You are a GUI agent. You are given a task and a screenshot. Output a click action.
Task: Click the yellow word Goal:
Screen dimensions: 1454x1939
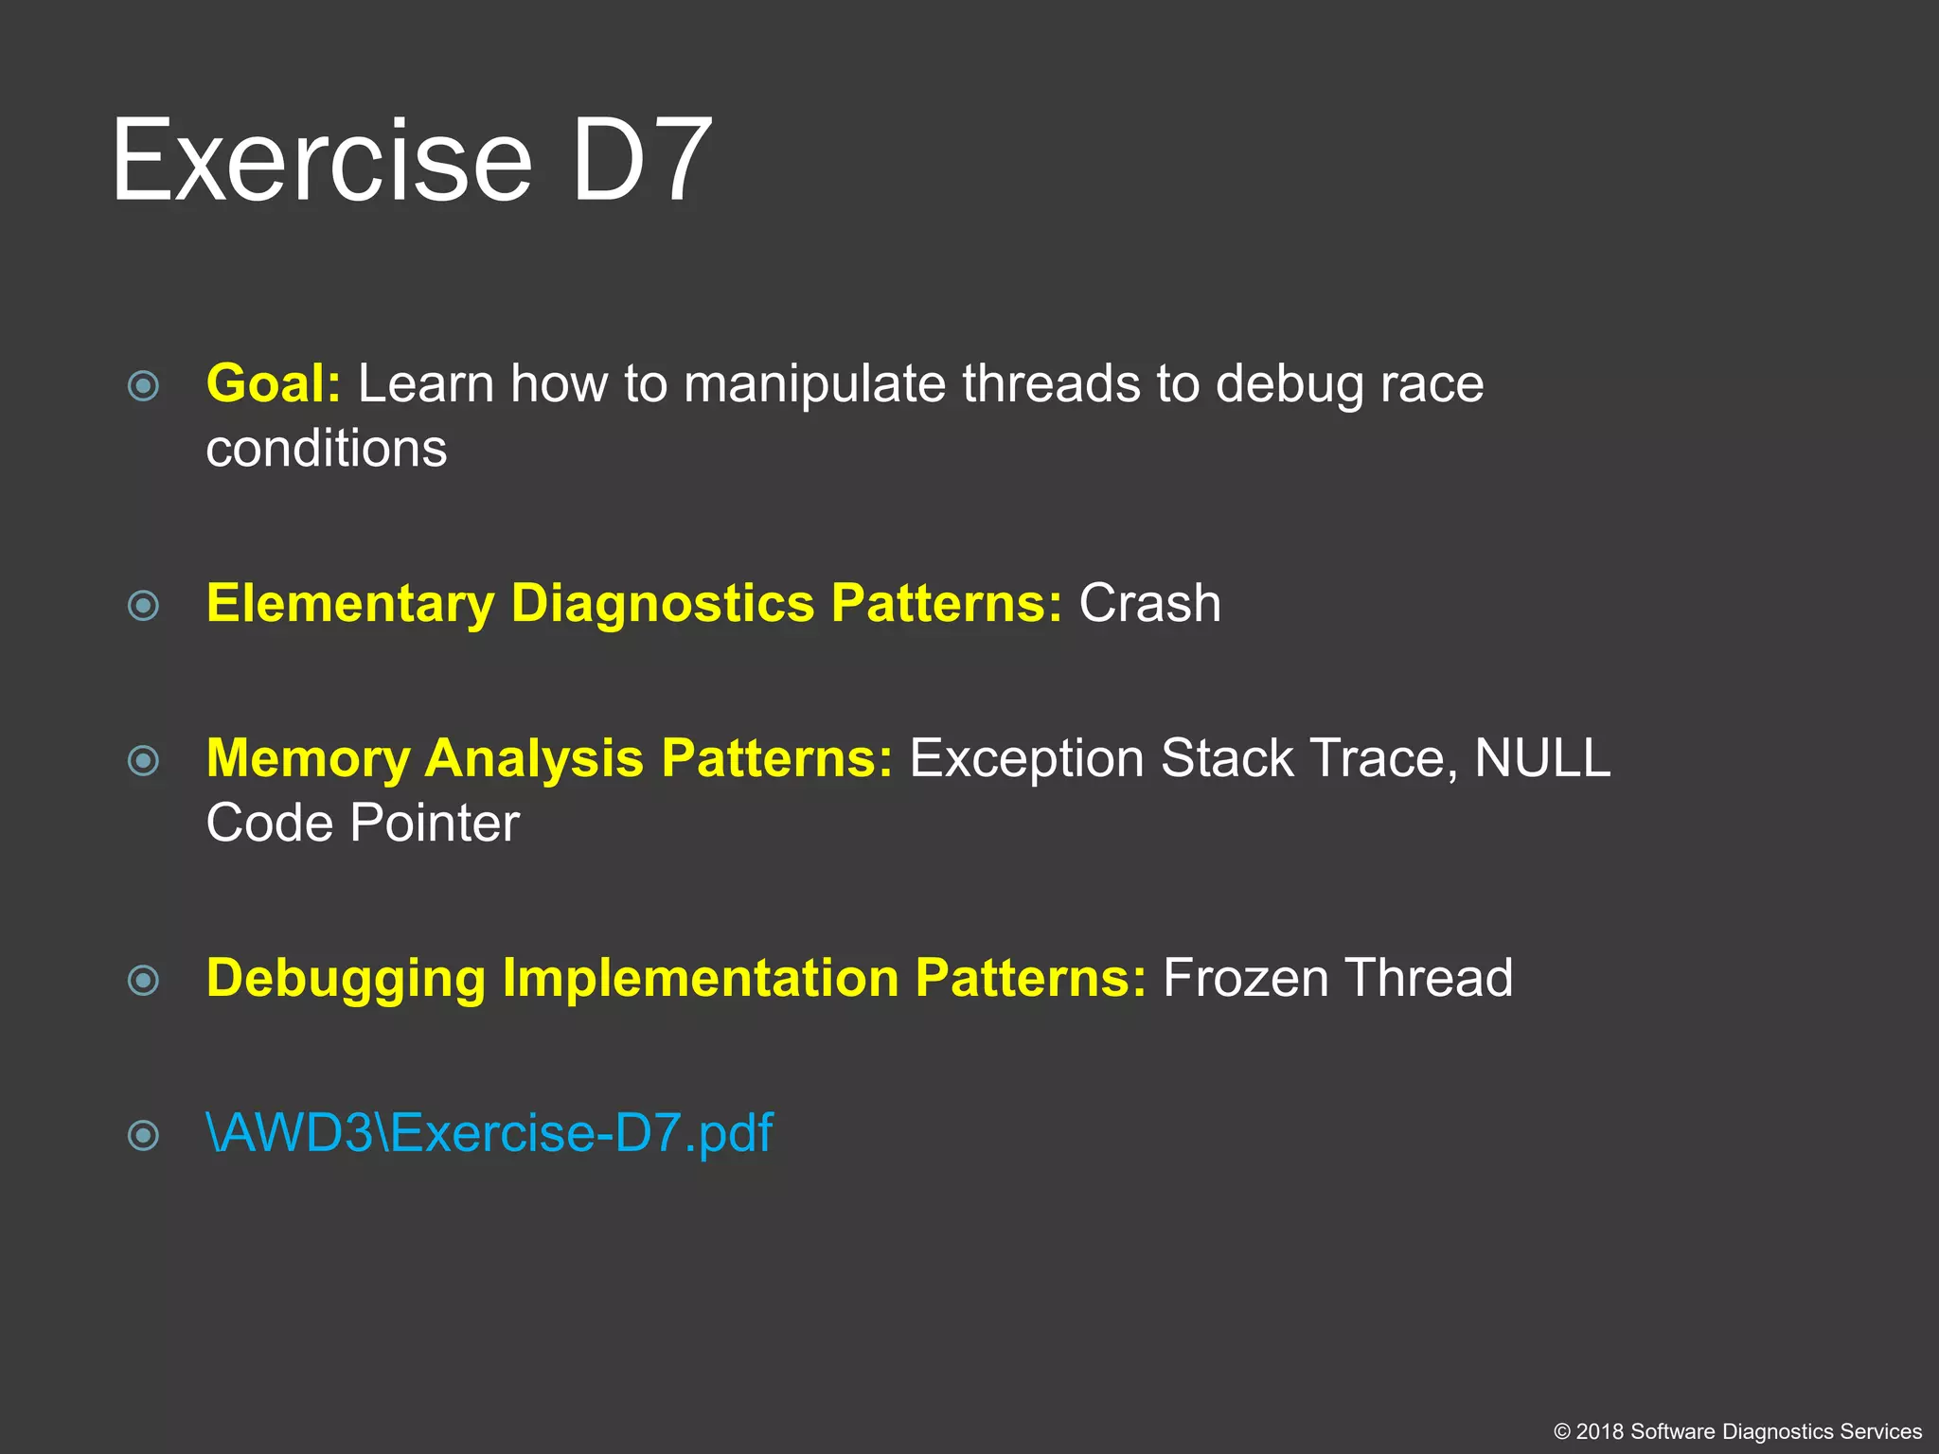click(273, 383)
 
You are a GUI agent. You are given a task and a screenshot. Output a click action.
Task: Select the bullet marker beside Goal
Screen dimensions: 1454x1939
click(143, 385)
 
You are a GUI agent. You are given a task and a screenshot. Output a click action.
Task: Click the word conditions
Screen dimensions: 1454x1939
click(326, 448)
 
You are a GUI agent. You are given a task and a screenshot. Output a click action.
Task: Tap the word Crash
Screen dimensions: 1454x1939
click(1149, 603)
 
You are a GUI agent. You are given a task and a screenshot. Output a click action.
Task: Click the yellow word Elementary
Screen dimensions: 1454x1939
click(350, 603)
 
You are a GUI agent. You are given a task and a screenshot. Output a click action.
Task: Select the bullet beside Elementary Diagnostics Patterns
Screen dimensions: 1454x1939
click(143, 605)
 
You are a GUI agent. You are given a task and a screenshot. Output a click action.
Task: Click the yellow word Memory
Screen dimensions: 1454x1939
click(307, 758)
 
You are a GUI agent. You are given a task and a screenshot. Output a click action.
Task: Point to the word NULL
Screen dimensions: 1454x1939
click(1541, 758)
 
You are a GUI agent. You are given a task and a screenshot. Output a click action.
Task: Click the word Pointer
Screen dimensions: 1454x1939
click(435, 823)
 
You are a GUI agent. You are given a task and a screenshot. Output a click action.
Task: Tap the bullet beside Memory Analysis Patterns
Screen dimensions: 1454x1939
click(143, 760)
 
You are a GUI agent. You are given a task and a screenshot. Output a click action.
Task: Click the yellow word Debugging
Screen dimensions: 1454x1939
click(346, 978)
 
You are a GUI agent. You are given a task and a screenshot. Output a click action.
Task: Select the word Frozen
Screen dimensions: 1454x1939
click(1245, 978)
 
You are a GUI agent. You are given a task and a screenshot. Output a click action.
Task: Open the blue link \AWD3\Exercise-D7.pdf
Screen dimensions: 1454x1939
click(489, 1132)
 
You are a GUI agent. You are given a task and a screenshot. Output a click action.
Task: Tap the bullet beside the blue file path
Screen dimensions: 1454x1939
click(143, 1134)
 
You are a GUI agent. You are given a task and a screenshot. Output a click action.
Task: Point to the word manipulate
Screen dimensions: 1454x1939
click(814, 383)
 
